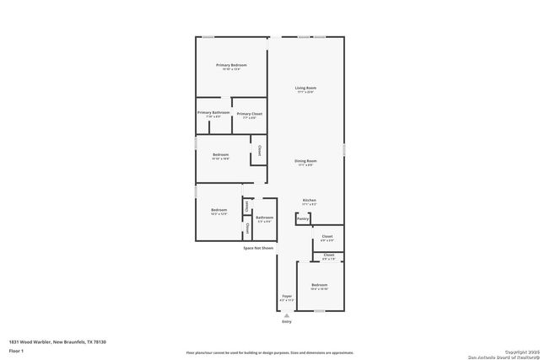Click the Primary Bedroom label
point(231,65)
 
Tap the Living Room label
point(305,88)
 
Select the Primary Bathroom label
point(213,113)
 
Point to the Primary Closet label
point(250,114)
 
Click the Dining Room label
point(305,160)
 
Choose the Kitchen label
point(310,200)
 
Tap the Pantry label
point(303,218)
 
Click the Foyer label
point(286,297)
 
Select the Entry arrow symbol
point(286,314)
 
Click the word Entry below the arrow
point(286,322)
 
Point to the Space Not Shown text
point(258,248)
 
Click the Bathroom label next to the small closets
point(265,218)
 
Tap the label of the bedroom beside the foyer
point(320,285)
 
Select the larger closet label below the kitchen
point(327,236)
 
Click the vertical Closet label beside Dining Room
point(259,151)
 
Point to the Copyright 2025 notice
point(516,351)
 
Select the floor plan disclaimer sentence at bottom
point(270,352)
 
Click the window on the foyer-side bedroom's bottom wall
point(320,310)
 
